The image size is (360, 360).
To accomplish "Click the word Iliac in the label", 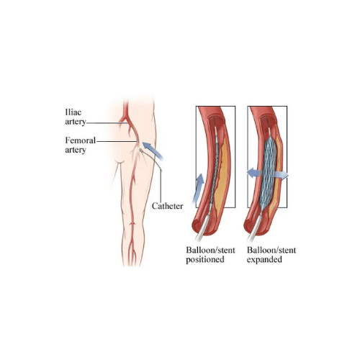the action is click(x=73, y=112).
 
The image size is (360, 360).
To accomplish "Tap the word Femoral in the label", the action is click(x=81, y=140).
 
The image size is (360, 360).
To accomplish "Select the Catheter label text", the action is click(x=167, y=206).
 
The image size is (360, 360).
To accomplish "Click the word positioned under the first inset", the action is click(x=205, y=260).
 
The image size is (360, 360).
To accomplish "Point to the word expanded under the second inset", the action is click(x=264, y=260).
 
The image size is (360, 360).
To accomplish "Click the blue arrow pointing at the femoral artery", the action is click(x=153, y=150).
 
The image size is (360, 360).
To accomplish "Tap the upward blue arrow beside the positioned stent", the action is click(x=199, y=189).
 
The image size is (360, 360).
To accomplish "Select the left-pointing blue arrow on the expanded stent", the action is click(x=254, y=173).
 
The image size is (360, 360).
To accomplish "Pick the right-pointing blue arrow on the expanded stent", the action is click(x=282, y=175).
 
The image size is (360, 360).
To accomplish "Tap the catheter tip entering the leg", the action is click(x=141, y=150).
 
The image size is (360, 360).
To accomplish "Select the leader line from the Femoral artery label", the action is click(x=116, y=141).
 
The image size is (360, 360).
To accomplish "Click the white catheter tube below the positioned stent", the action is click(x=202, y=228).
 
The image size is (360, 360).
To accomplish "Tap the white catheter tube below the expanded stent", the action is click(x=254, y=228).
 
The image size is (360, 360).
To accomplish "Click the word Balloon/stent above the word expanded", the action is click(x=271, y=250).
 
